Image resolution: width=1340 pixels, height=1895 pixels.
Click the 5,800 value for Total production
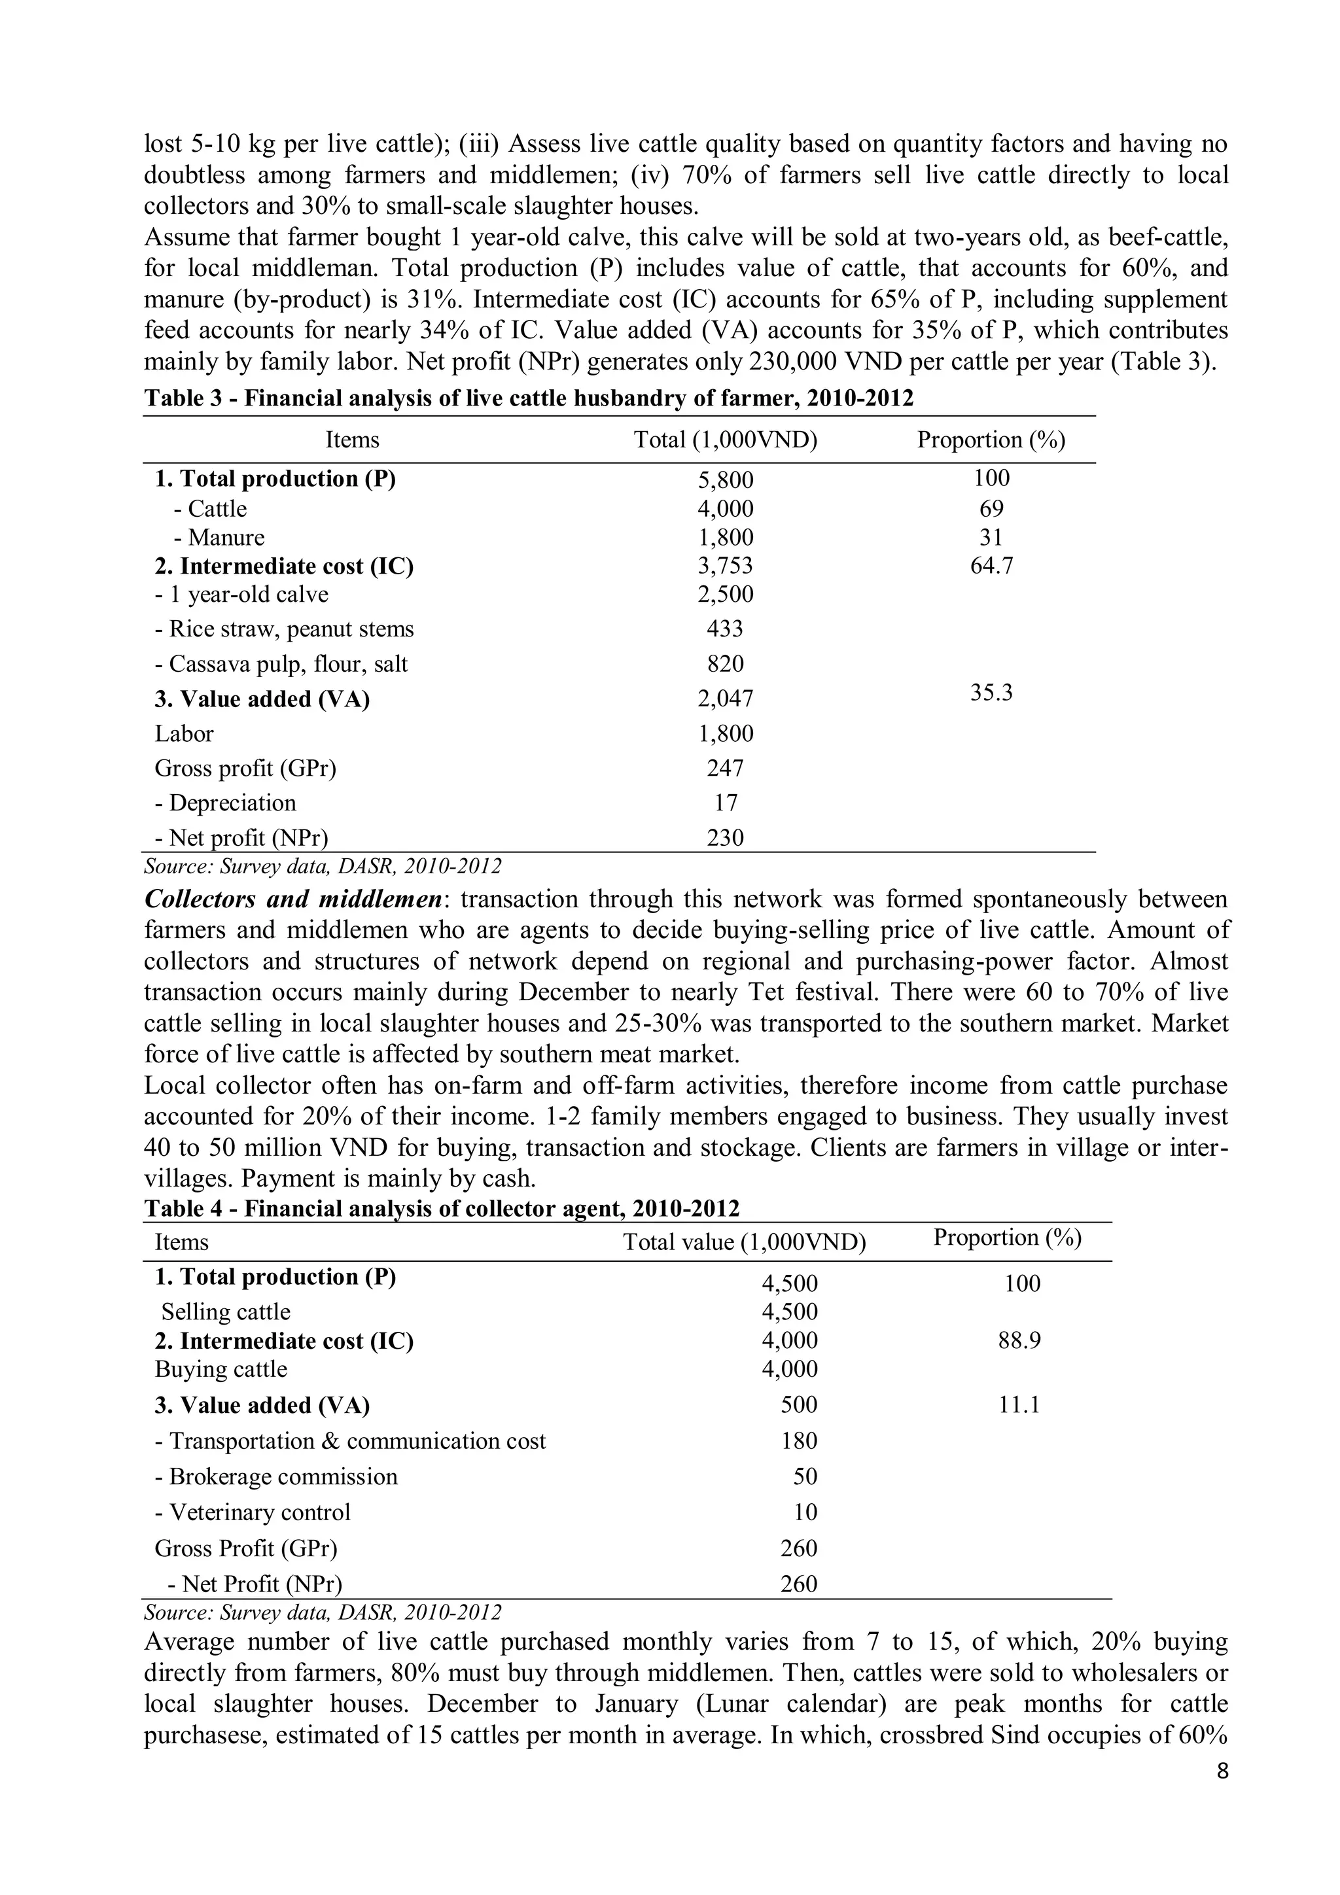[725, 480]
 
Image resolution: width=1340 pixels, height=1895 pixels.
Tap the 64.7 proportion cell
[991, 566]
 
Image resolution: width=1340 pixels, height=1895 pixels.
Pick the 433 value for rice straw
[725, 629]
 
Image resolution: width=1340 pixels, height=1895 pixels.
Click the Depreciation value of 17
[725, 803]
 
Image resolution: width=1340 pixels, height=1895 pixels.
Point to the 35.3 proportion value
[991, 693]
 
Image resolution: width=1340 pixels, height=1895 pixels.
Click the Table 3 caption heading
[529, 398]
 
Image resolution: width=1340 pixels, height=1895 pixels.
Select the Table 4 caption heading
[442, 1208]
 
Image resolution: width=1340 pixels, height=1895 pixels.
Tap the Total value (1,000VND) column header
[744, 1242]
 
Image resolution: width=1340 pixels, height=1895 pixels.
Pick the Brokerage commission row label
[275, 1476]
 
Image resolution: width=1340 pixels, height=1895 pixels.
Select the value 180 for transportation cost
[798, 1441]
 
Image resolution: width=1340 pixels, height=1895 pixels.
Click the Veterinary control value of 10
[805, 1512]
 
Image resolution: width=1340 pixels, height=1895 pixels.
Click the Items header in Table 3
[353, 440]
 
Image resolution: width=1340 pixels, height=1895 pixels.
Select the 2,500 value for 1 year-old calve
[725, 594]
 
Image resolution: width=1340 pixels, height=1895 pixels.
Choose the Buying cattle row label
[220, 1369]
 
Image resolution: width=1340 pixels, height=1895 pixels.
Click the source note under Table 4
[322, 1612]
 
